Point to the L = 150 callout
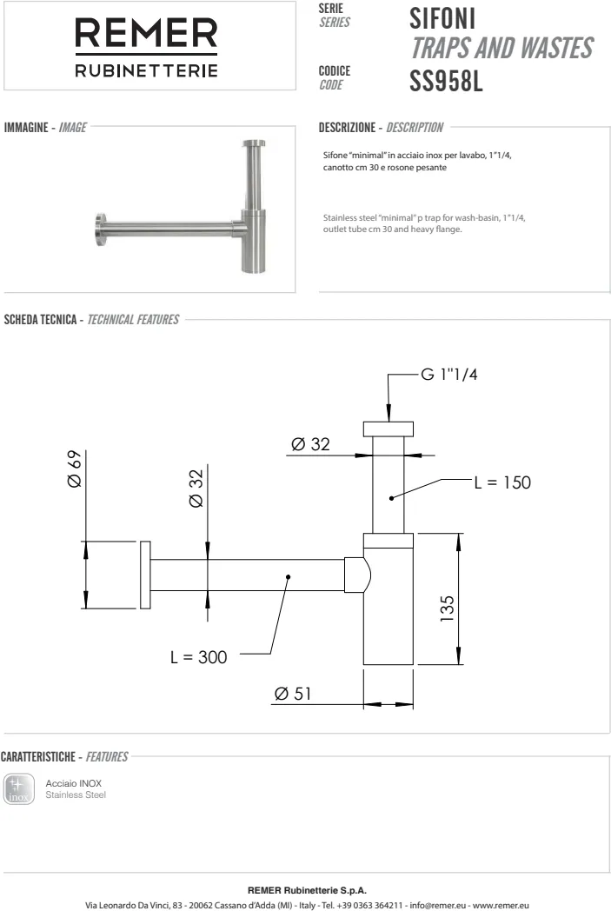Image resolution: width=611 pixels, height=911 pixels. [501, 482]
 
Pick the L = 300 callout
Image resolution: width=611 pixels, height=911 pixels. [198, 657]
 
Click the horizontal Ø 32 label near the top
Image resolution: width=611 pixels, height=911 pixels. [310, 444]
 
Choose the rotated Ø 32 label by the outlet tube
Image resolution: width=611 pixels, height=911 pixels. [196, 489]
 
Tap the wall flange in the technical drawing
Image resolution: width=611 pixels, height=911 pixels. [144, 576]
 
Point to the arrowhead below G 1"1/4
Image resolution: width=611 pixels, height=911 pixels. [388, 416]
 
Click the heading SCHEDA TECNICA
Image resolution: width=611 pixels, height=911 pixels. [41, 320]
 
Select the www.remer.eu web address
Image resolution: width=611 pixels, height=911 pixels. [499, 903]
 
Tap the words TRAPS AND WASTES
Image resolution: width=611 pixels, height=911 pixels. [501, 49]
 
